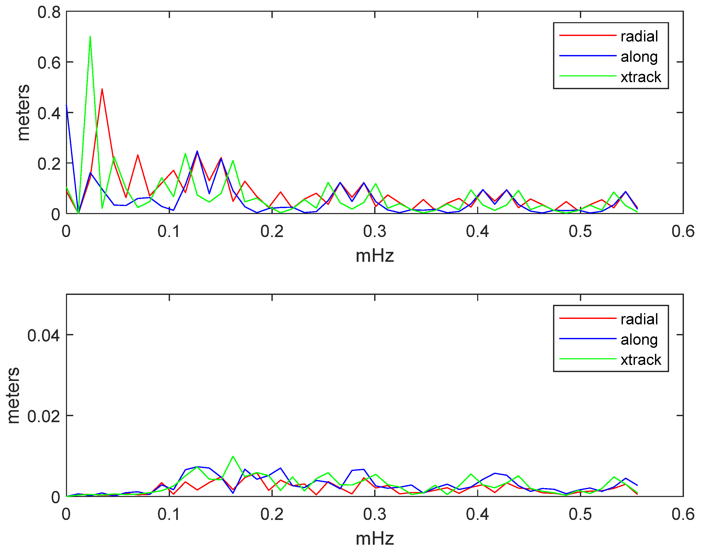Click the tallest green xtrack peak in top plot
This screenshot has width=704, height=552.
[x=90, y=37]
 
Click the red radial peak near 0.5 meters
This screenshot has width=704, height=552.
[x=102, y=89]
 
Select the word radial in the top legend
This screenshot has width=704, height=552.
[x=639, y=36]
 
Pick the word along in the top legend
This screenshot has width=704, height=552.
[x=639, y=57]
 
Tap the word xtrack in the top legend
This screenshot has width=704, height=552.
[x=641, y=77]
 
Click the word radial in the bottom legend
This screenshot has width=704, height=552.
[x=639, y=319]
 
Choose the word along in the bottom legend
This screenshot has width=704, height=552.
[x=639, y=340]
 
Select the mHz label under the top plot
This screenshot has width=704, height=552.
[x=375, y=256]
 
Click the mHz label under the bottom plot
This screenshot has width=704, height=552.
[x=375, y=539]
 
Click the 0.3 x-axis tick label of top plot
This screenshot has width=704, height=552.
[x=375, y=232]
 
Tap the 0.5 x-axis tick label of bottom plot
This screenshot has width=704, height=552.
[x=580, y=514]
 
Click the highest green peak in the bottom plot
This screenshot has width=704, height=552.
[x=233, y=457]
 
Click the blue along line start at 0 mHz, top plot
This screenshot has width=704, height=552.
[x=66, y=105]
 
